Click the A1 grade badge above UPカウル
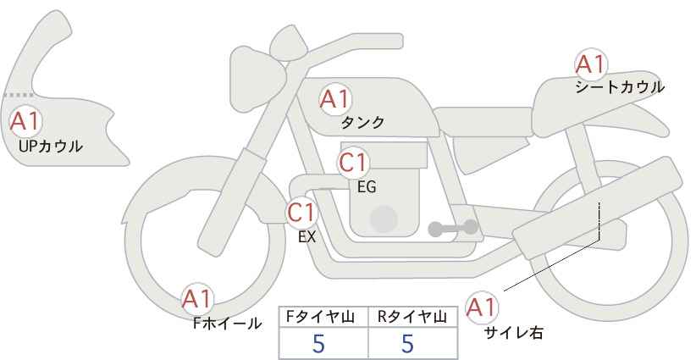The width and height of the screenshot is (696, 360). pos(25,121)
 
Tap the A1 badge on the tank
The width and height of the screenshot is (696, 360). pos(335,99)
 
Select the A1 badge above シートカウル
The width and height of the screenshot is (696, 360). pos(591,64)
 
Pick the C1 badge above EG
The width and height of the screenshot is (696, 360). pos(353,163)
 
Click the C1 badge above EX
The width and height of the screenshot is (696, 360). pos(301,213)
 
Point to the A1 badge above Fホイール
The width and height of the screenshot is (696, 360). pos(197,300)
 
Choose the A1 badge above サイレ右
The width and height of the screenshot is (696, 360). pos(482,307)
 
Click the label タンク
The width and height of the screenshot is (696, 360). pos(362,122)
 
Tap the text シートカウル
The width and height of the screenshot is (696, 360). pos(620,86)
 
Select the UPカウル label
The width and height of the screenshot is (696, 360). pos(51,146)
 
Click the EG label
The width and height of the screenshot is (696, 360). pos(367,186)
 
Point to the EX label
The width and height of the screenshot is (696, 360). pos(307,237)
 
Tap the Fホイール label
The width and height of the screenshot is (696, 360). pos(227,324)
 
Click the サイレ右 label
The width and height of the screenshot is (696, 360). pos(514,333)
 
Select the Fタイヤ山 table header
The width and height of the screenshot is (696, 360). pos(320,317)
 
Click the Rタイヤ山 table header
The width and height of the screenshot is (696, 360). pos(412,317)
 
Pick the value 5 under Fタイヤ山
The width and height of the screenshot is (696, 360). pos(318,343)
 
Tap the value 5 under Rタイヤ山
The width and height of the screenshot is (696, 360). pos(407,343)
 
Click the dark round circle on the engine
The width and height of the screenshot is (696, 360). pos(384,219)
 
